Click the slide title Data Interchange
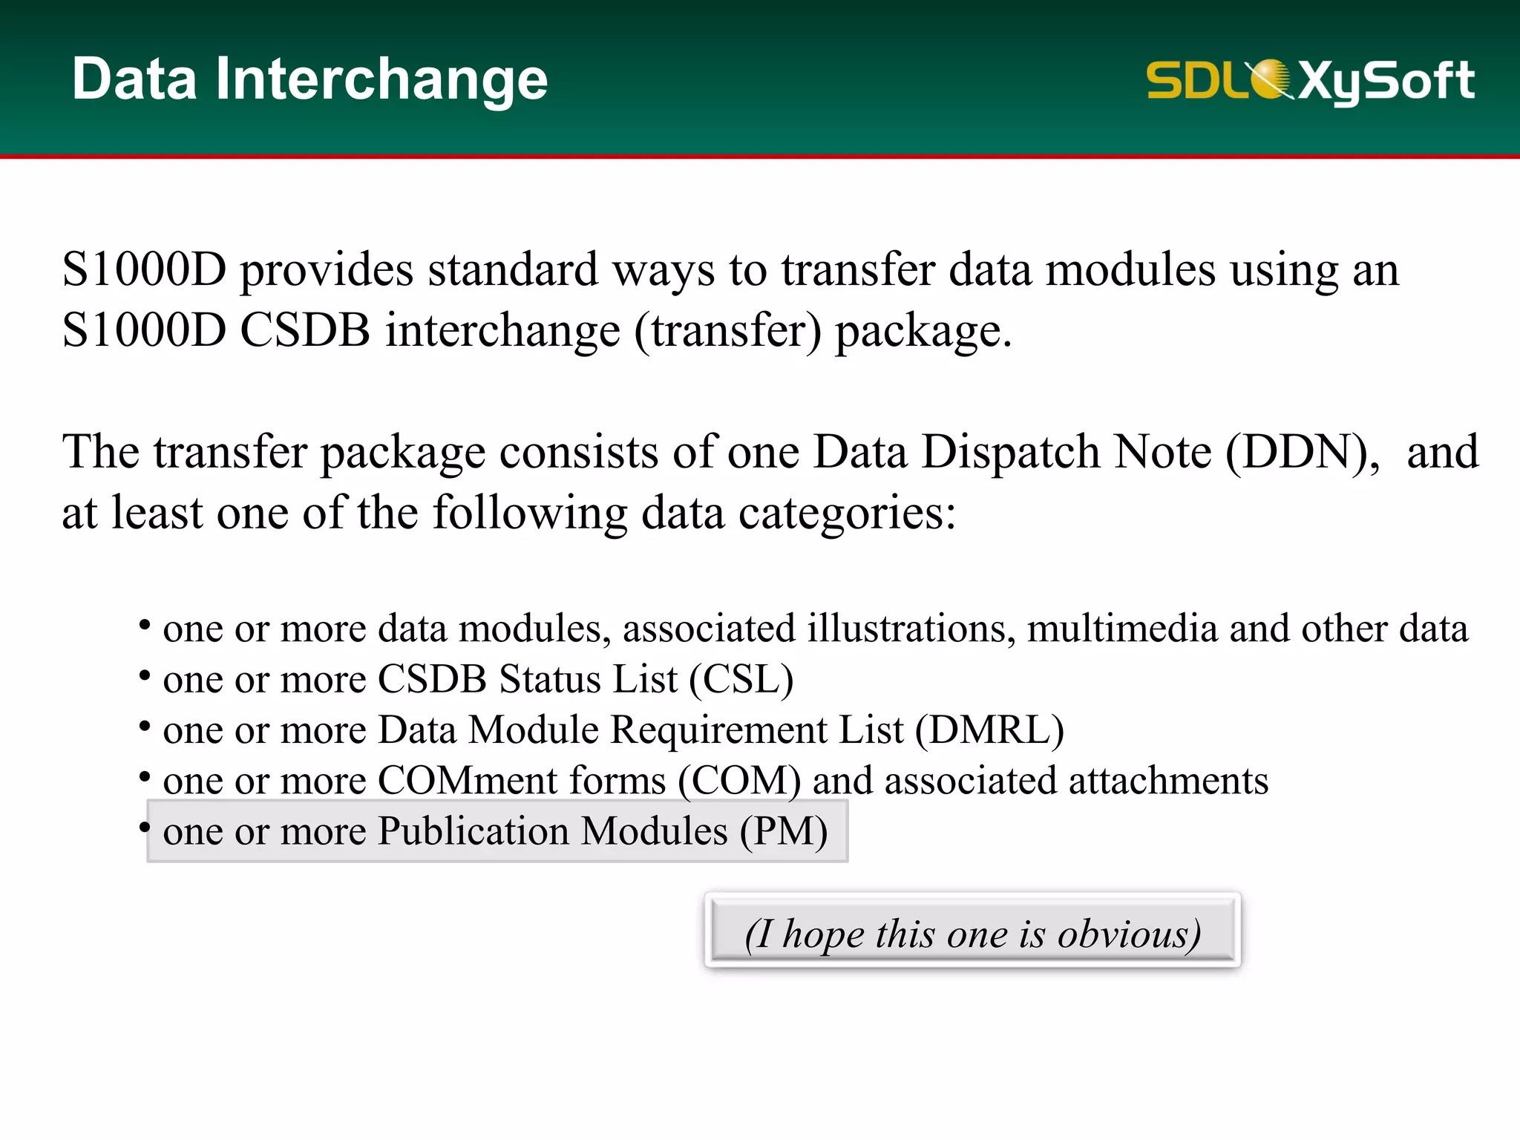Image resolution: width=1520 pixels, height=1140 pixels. click(x=309, y=79)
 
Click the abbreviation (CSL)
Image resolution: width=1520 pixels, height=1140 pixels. click(x=741, y=679)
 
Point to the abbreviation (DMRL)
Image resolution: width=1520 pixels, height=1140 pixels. click(x=989, y=730)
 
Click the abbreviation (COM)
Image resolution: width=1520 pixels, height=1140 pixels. click(x=739, y=781)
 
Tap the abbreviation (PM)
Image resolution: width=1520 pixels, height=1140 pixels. click(x=783, y=831)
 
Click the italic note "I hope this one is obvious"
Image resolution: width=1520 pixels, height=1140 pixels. click(x=972, y=933)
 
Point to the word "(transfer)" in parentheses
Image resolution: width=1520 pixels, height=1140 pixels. click(x=727, y=331)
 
